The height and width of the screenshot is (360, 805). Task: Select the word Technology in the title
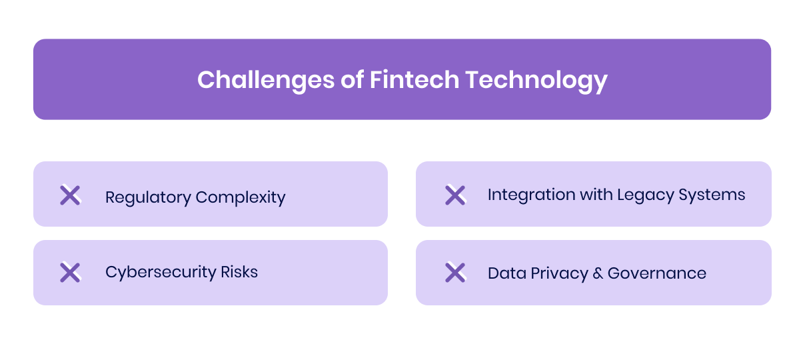(x=536, y=80)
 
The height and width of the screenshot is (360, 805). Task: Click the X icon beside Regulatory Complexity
(x=70, y=195)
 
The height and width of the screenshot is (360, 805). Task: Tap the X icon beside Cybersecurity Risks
(x=70, y=272)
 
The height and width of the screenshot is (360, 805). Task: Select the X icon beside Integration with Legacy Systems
(x=455, y=195)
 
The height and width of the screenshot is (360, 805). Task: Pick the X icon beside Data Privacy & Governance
(x=455, y=272)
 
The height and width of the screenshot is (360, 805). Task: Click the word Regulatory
(x=148, y=198)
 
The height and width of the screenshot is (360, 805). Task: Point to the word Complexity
(x=241, y=198)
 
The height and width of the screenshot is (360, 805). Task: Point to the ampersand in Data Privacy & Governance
(x=596, y=273)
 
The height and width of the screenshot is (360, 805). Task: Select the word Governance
(x=657, y=273)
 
